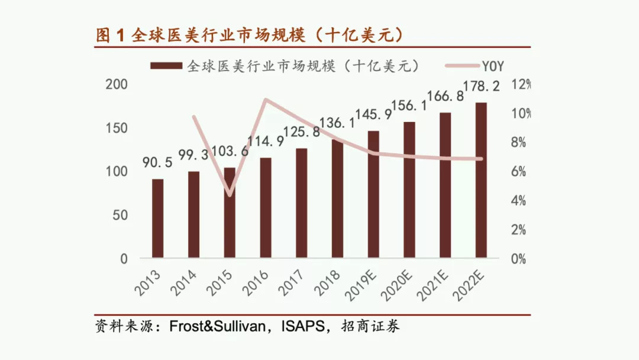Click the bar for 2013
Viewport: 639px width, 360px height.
(157, 218)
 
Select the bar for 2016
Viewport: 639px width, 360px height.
(266, 207)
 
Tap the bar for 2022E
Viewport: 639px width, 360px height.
(481, 181)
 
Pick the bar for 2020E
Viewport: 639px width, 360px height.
(409, 189)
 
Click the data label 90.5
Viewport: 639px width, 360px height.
(157, 163)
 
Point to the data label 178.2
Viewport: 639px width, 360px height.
(480, 86)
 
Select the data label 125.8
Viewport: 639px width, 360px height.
(302, 132)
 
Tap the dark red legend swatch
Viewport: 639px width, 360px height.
(167, 66)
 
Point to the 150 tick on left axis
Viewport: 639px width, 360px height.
(117, 128)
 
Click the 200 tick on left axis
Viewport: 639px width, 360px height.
(117, 85)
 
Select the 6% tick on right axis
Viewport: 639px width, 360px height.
(518, 171)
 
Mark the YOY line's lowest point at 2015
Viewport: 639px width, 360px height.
(230, 194)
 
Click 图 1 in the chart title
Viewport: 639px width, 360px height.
(111, 35)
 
